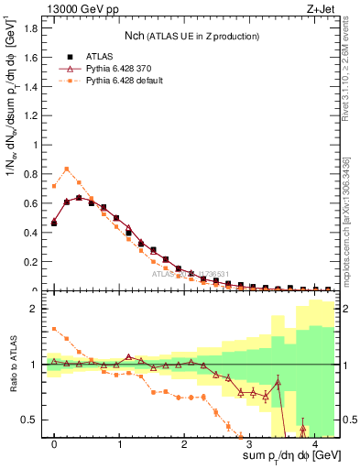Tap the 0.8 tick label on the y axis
[32, 174]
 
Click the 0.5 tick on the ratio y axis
[32, 420]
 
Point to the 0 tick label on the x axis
[55, 445]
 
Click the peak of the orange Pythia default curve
[67, 169]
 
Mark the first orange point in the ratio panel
[54, 329]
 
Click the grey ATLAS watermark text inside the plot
[192, 274]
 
